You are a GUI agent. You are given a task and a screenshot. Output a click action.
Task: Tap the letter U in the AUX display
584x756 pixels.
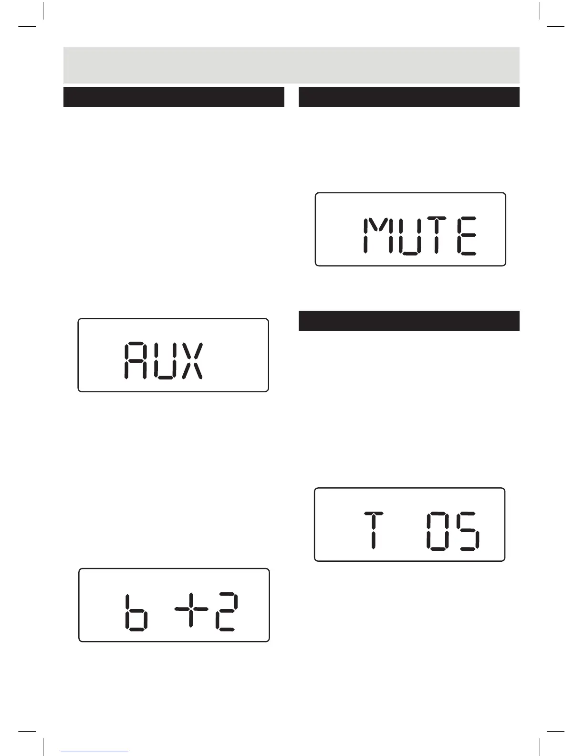(x=165, y=360)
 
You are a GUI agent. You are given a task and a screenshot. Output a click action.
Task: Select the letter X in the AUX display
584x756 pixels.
(x=192, y=360)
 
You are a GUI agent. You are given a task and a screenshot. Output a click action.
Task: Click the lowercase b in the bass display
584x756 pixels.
(x=136, y=613)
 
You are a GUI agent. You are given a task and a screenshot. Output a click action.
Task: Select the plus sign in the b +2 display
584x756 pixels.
(x=190, y=609)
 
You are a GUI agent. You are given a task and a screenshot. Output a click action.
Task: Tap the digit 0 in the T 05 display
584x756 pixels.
(x=437, y=531)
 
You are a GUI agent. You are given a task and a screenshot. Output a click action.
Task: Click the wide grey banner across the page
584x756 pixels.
(x=291, y=65)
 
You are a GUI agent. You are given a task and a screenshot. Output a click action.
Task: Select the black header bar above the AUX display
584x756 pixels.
(x=174, y=97)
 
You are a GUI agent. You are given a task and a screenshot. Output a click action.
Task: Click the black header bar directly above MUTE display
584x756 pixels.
(x=409, y=97)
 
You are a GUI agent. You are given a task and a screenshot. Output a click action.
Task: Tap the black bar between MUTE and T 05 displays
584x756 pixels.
(x=409, y=321)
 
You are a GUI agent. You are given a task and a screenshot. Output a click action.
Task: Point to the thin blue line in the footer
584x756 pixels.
(x=94, y=752)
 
